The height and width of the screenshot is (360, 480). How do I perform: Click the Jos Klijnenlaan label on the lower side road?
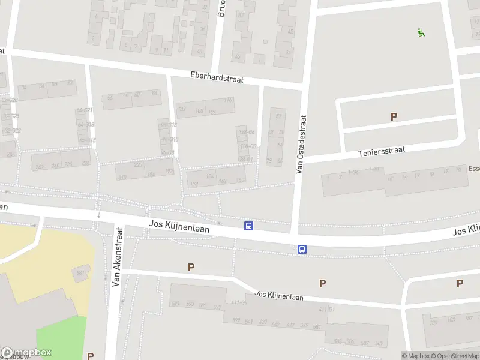(279, 295)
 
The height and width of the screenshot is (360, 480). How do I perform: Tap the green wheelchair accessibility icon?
(421, 32)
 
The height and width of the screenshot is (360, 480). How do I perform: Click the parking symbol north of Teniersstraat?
(394, 116)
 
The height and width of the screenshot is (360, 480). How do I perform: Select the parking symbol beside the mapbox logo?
(90, 356)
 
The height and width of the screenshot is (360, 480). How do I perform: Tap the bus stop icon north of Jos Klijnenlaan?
(248, 226)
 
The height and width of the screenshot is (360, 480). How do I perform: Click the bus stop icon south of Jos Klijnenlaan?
(302, 249)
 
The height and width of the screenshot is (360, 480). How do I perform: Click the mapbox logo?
(27, 353)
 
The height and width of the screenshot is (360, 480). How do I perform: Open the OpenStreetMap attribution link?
(458, 356)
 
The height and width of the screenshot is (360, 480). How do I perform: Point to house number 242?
(40, 167)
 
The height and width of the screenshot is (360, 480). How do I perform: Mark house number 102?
(182, 109)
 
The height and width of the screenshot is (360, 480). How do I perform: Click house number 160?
(240, 180)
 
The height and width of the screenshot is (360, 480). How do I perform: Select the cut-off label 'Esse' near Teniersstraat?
(474, 169)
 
